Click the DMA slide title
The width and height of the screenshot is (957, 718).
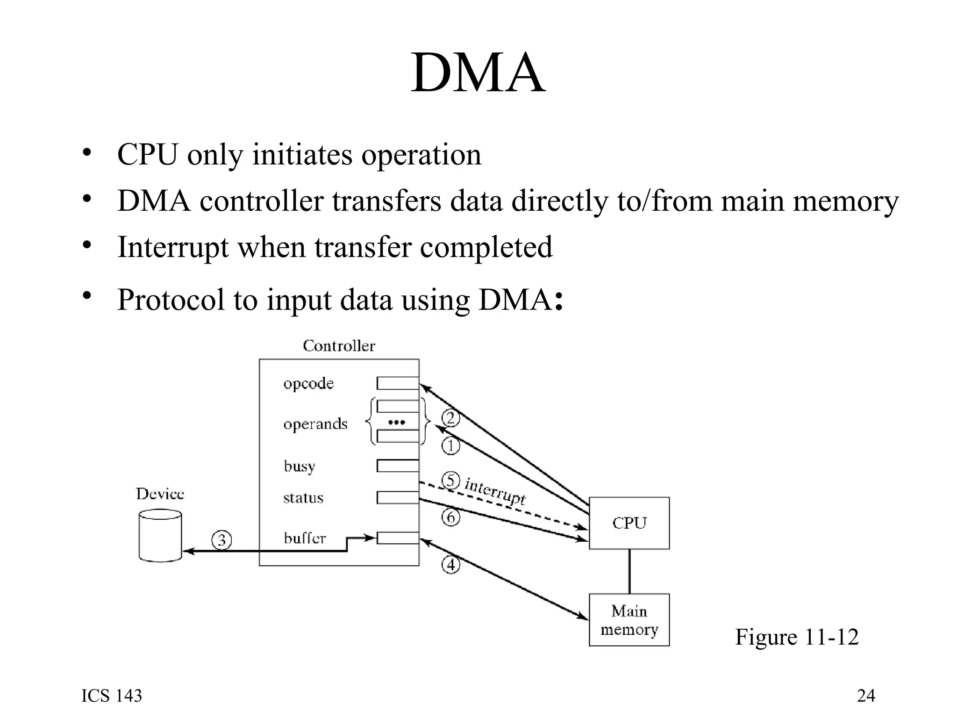point(478,73)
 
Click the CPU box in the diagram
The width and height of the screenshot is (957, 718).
point(629,523)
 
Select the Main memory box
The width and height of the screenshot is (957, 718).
point(629,620)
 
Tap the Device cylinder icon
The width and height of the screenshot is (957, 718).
point(160,535)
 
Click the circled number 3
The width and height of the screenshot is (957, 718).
point(221,540)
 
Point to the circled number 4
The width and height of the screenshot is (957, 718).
point(450,565)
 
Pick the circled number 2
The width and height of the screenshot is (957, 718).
point(450,417)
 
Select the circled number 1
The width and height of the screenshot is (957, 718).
point(450,445)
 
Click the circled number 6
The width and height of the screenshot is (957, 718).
point(450,517)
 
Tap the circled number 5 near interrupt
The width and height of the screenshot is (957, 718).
point(450,480)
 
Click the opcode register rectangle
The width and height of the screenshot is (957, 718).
point(398,383)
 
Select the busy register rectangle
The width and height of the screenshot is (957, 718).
point(398,466)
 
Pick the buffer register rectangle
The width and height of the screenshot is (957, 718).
point(398,538)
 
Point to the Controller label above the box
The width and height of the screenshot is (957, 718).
point(339,346)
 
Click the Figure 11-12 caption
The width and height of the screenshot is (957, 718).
point(797,637)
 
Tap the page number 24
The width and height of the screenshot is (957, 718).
point(866,696)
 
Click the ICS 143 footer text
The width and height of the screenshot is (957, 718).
point(112,696)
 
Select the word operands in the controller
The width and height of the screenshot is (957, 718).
point(315,424)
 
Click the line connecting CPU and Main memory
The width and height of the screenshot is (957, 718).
point(629,571)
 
